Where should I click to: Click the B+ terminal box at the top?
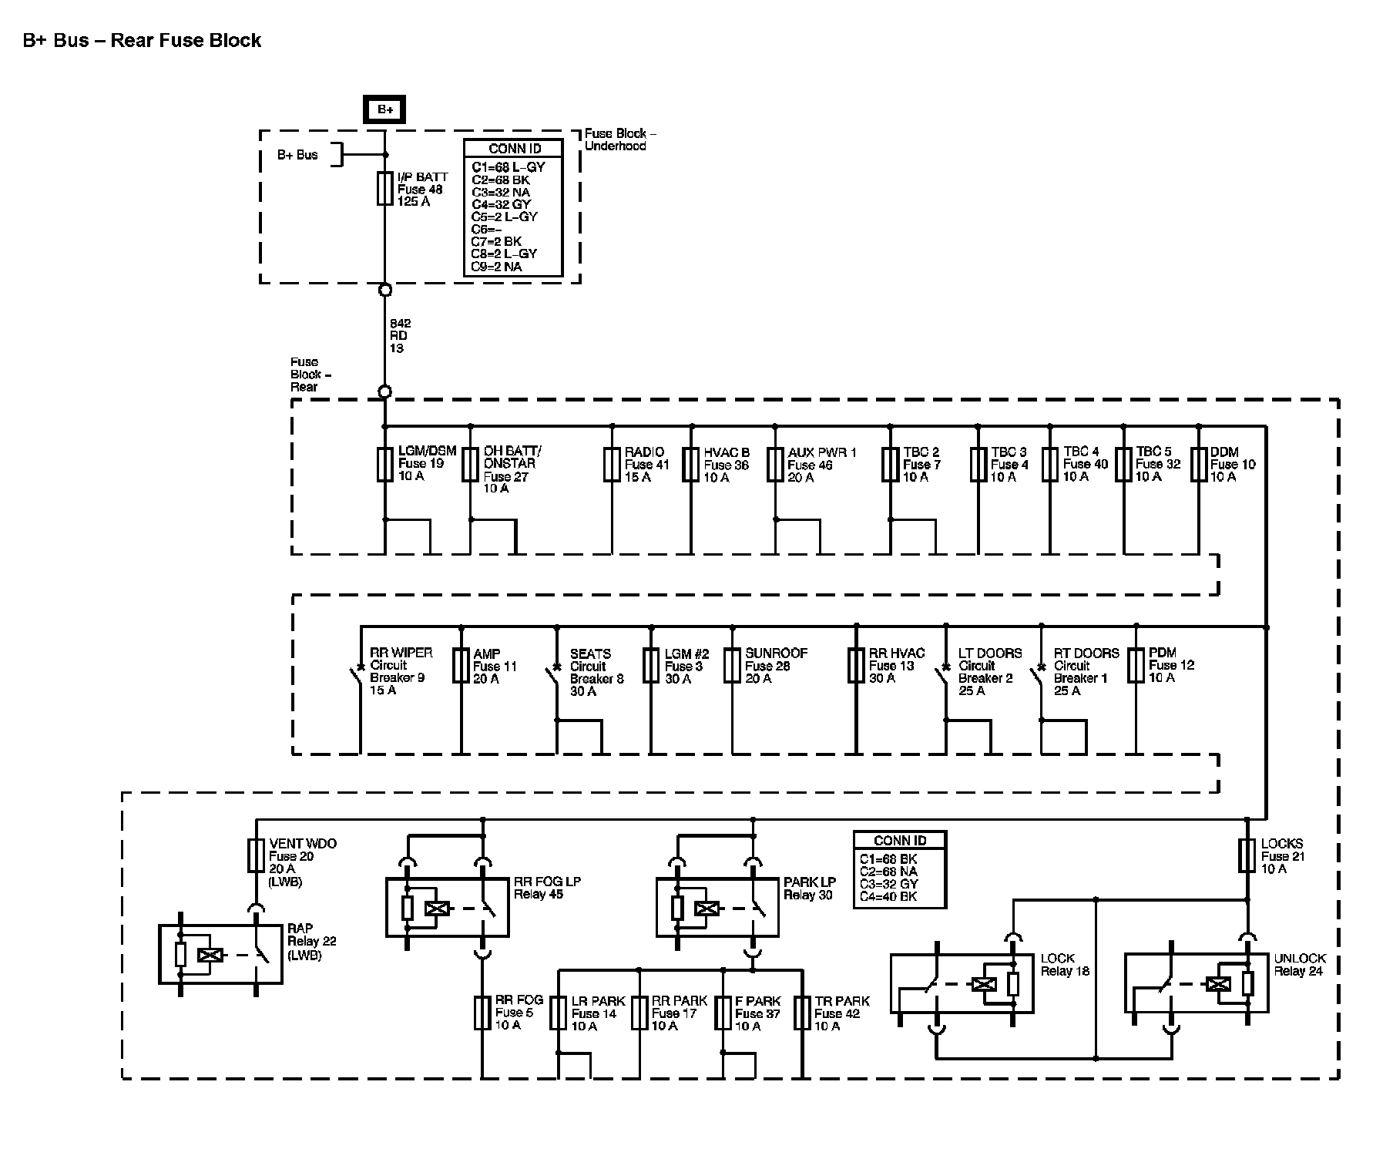(385, 110)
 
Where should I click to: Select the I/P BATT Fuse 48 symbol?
(384, 189)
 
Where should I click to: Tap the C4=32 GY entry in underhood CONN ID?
(502, 204)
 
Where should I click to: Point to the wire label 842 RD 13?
(400, 336)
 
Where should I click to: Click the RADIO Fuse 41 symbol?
(612, 465)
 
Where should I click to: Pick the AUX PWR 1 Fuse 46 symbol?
(775, 465)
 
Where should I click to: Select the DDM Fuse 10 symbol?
(1199, 465)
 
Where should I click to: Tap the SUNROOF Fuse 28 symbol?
(732, 666)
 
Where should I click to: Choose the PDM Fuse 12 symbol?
(1136, 666)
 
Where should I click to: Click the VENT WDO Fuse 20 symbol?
(256, 855)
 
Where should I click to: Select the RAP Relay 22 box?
(220, 955)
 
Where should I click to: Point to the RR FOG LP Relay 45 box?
(447, 908)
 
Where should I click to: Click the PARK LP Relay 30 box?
(717, 908)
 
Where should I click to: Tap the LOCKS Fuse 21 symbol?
(1247, 855)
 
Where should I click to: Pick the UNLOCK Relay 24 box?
(1196, 983)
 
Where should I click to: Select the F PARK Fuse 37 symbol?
(723, 1013)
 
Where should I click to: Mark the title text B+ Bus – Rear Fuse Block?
(143, 41)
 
